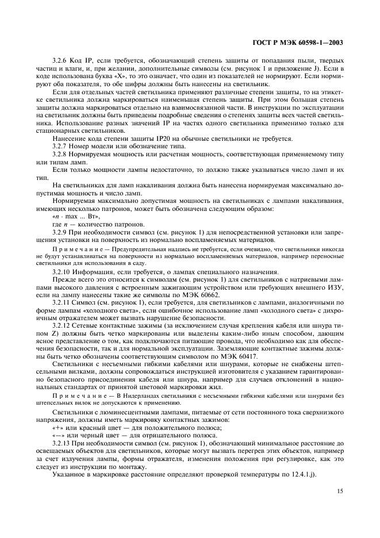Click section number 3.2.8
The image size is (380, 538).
click(x=60, y=155)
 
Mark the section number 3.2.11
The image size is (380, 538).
click(x=62, y=302)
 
